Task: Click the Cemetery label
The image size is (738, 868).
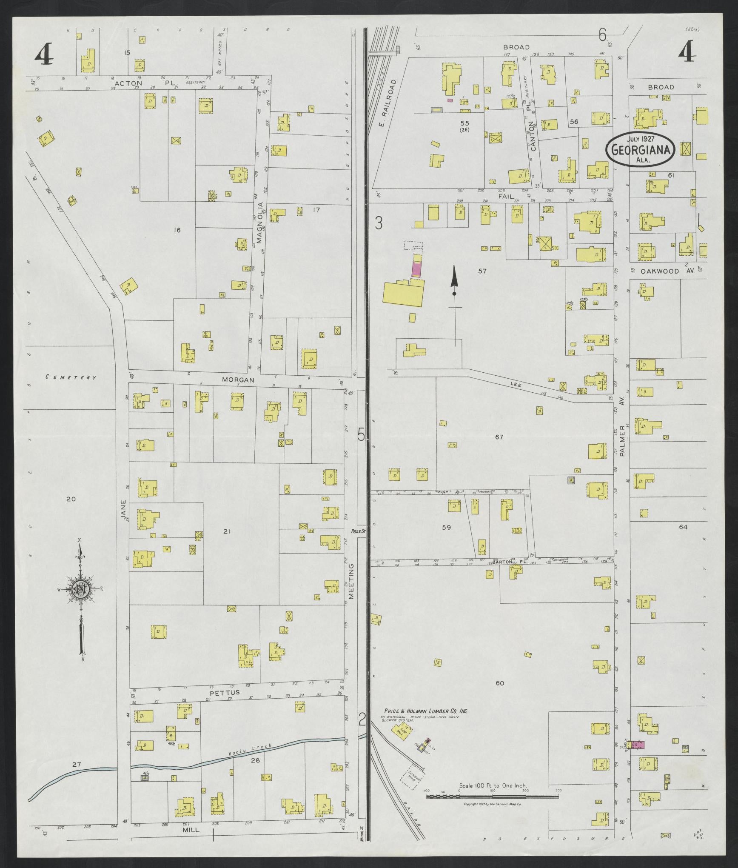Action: (71, 377)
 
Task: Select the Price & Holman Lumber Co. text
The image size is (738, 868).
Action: (426, 711)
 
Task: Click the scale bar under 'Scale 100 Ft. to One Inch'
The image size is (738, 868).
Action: (493, 796)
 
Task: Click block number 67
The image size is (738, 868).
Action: (499, 437)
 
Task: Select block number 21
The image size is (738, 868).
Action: (227, 531)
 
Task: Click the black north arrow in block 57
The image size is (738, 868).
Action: (454, 281)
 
